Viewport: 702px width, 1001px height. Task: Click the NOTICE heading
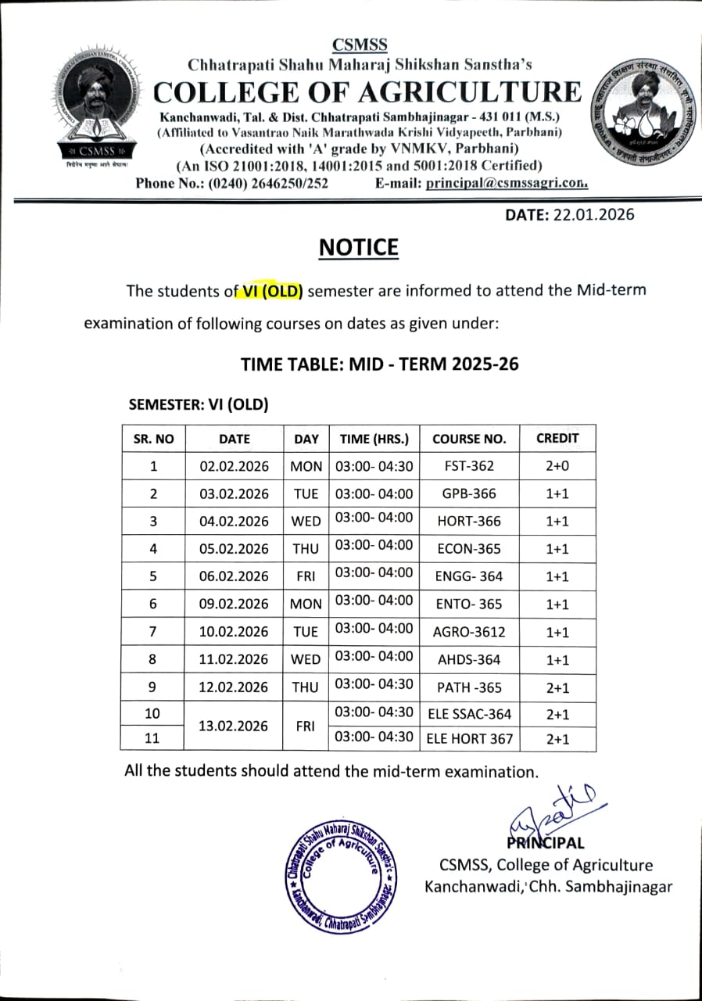tap(359, 247)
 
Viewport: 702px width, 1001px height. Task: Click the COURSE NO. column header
tap(469, 439)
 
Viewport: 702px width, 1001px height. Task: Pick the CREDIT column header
tap(557, 438)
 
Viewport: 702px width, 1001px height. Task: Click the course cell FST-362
tap(469, 466)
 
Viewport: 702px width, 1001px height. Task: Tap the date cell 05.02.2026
tap(234, 549)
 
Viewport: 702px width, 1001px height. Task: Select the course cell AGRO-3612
tap(469, 632)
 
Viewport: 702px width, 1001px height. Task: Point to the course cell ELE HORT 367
tap(469, 737)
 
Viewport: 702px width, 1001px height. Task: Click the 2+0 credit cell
tap(557, 466)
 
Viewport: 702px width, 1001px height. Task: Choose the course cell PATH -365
tap(469, 687)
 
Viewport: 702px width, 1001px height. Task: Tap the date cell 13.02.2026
tap(234, 725)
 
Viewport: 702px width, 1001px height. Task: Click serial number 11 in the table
tap(152, 737)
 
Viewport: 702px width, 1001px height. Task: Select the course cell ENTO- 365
tap(469, 604)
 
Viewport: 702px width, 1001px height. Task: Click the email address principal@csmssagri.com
tap(507, 184)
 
